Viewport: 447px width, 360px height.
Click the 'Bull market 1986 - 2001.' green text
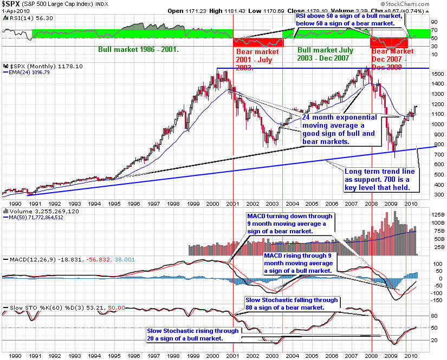(139, 49)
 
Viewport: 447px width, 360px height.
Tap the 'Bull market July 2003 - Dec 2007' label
(325, 54)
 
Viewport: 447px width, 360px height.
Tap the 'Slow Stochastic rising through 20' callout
(192, 335)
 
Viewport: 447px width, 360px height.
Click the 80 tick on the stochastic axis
(434, 316)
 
